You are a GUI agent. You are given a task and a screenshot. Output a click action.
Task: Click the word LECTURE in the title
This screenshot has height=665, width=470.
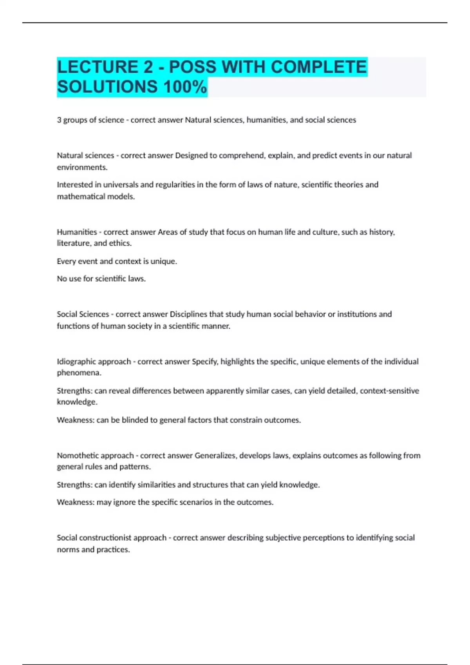97,67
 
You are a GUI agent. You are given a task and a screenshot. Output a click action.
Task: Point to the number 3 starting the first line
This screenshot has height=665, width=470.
59,120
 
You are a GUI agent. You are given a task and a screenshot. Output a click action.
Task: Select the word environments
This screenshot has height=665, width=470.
82,167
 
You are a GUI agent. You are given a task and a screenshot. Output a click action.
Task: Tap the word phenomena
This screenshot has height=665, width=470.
79,373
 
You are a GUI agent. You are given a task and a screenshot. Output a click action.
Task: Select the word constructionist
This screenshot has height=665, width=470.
106,538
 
